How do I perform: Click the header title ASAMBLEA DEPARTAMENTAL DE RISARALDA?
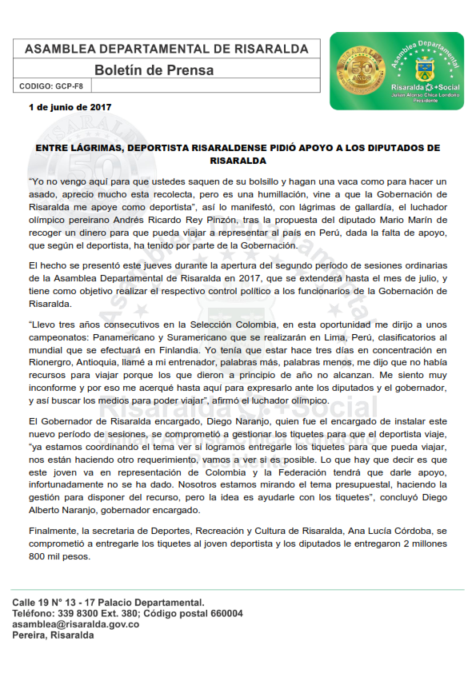point(166,49)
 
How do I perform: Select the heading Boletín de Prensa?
point(154,70)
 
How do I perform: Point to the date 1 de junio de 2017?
point(70,107)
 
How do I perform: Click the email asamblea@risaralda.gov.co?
point(75,624)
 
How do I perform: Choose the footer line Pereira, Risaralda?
point(53,635)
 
